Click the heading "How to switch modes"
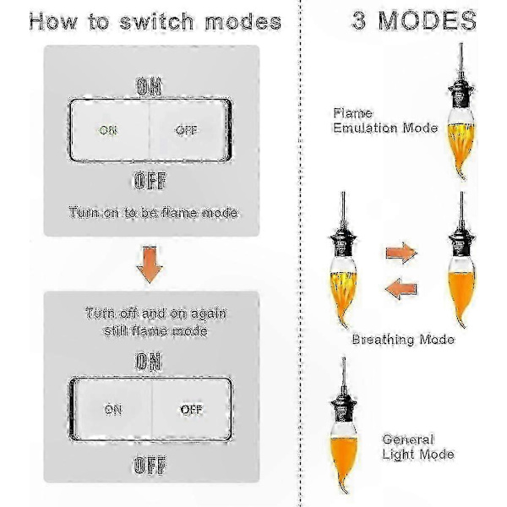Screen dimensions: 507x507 coord(155,21)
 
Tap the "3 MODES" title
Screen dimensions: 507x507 coord(414,20)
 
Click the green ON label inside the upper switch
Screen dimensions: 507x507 coord(108,130)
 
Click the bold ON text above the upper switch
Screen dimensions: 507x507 coord(149,87)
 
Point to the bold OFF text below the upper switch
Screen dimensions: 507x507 coord(150,181)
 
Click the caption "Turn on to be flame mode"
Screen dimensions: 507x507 coord(153,213)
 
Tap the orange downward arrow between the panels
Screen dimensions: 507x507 coord(150,264)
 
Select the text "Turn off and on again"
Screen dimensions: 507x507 coord(155,313)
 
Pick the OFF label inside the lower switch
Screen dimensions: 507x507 coord(192,410)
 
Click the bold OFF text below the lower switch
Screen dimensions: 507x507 coord(150,466)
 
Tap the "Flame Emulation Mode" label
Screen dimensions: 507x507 coord(385,121)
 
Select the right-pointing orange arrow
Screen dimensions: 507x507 coord(401,253)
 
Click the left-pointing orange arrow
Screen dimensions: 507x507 coord(401,288)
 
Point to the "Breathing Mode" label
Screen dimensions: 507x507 coord(403,340)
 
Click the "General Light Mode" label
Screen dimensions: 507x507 coord(418,447)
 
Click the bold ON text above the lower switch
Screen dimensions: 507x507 coord(149,362)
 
